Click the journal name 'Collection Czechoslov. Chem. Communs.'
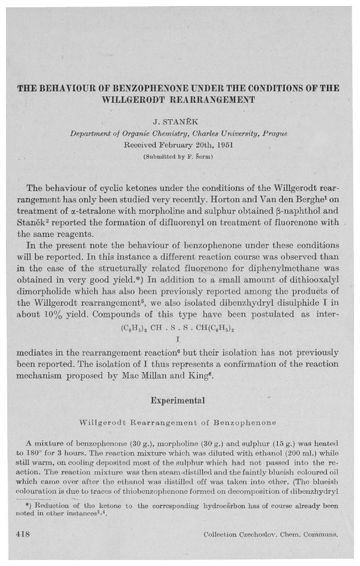pyautogui.click(x=267, y=534)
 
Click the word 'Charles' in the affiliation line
pyautogui.click(x=182, y=136)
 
